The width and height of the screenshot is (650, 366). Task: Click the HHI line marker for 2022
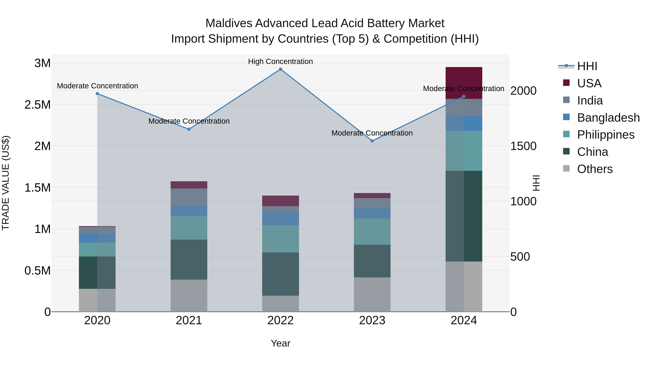tap(280, 69)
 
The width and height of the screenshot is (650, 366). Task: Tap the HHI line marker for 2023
tap(372, 141)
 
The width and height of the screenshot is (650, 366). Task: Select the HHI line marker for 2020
tap(97, 94)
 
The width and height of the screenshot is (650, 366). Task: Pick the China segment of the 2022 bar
tap(280, 274)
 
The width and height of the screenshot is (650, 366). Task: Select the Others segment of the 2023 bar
tap(372, 295)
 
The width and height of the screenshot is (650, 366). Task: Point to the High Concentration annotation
tap(280, 61)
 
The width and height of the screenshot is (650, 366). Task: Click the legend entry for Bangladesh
tap(608, 118)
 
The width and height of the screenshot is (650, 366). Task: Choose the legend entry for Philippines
tap(606, 135)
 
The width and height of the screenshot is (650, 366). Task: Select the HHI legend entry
tap(587, 66)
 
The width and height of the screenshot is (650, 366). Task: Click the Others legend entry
tap(595, 169)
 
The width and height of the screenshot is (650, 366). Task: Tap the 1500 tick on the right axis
tap(523, 146)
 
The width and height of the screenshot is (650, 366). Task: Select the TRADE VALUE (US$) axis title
tap(6, 183)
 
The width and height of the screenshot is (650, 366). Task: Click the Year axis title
tap(280, 343)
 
